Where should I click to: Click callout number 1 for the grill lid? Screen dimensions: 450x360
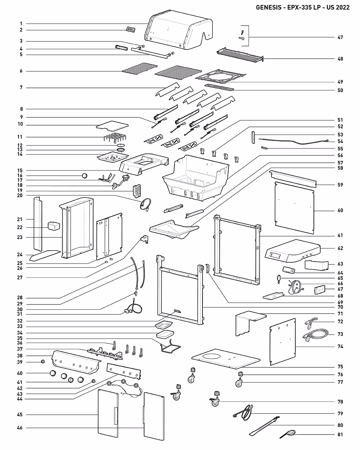(x=21, y=24)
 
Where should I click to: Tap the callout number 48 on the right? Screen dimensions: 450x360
(x=340, y=59)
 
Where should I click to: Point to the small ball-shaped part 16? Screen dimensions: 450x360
(x=84, y=175)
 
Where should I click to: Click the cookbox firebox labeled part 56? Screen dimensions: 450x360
(x=197, y=178)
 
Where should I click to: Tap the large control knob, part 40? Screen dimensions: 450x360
(x=53, y=373)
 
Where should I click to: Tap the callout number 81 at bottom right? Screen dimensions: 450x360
(x=340, y=435)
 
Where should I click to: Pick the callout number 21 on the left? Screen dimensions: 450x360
(x=20, y=219)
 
